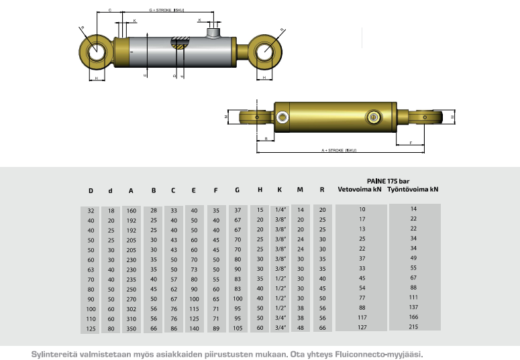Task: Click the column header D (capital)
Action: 91,190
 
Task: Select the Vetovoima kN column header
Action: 359,189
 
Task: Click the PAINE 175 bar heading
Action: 388,180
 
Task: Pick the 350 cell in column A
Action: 132,328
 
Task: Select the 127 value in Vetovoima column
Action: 362,328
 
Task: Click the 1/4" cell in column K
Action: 281,210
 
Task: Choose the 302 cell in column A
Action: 132,308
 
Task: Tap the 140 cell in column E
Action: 195,328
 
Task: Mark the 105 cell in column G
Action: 238,328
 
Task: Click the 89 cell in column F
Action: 215,328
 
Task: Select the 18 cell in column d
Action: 111,210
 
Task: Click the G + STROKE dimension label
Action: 166,11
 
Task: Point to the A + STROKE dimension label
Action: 338,150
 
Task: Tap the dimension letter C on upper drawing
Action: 109,11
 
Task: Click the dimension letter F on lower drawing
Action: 410,142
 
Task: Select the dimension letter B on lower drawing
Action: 266,139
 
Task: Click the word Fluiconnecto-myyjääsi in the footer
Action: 376,353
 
